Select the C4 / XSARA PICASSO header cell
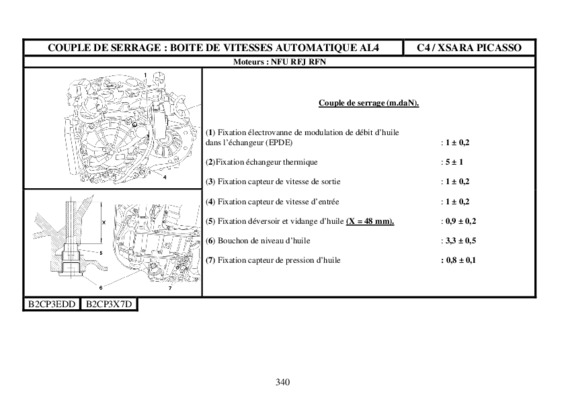pos(469,48)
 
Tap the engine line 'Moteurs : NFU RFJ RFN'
pos(279,62)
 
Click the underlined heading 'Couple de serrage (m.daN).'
pos(369,103)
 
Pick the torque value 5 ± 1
pos(454,162)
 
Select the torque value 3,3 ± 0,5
pos(461,240)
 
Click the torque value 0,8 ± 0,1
pos(461,260)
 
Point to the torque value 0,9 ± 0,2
pos(461,221)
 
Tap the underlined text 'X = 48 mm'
pos(369,221)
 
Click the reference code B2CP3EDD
pos(52,304)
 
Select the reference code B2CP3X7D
pos(109,304)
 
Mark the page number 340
pos(283,382)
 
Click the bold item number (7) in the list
pos(210,260)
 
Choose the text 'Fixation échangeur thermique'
pos(267,162)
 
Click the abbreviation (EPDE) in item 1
pos(279,142)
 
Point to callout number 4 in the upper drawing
pos(165,177)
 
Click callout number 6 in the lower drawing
pos(101,287)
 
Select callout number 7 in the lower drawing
pos(170,288)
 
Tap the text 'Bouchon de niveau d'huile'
pos(264,240)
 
